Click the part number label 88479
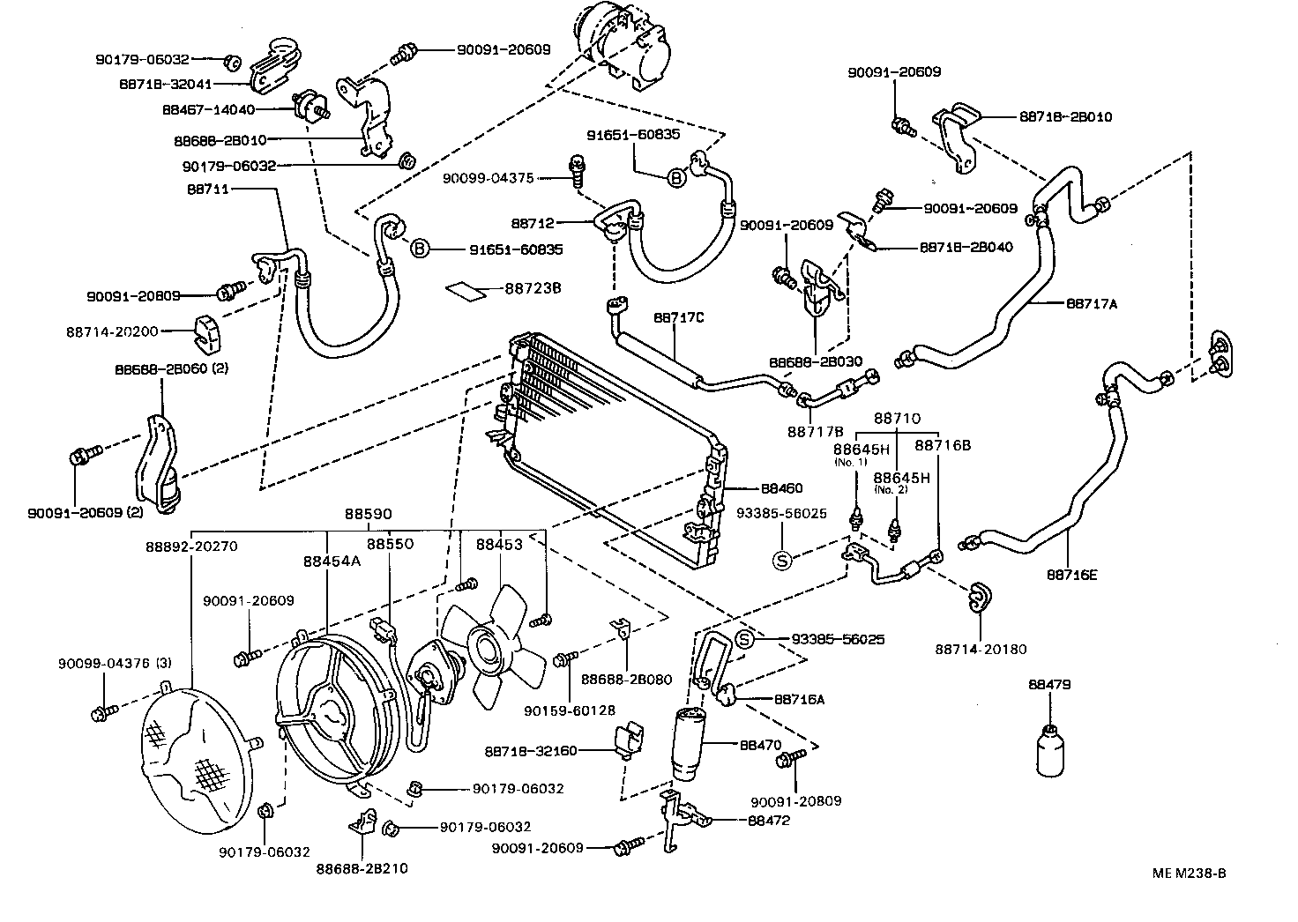point(1048,684)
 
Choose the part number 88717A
point(1092,303)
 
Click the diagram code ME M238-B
point(1189,874)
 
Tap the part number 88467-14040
point(208,110)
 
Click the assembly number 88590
point(368,514)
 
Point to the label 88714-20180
point(981,650)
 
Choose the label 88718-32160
point(530,751)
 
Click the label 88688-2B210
point(362,868)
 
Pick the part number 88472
point(768,820)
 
